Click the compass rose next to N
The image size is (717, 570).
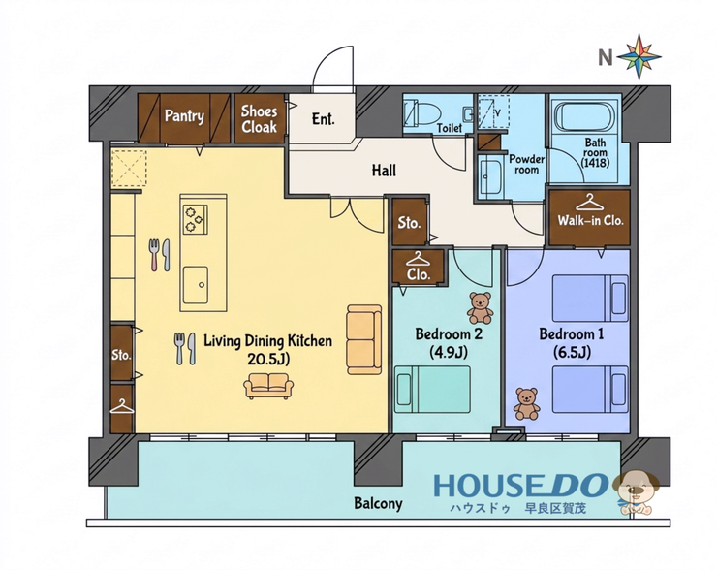[x=639, y=57]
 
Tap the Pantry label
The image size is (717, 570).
[x=184, y=115]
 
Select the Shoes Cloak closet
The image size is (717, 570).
[x=260, y=118]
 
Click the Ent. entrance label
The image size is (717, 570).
[x=323, y=119]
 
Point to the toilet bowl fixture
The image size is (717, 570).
[x=422, y=114]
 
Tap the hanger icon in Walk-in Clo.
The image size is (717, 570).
[x=590, y=203]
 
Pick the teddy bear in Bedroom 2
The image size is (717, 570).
[x=480, y=308]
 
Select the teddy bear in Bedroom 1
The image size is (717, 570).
[x=526, y=404]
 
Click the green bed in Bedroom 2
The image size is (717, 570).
[x=432, y=390]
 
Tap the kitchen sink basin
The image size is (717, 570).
[x=196, y=285]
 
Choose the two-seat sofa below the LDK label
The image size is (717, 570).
[x=268, y=386]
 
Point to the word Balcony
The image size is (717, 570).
[x=378, y=504]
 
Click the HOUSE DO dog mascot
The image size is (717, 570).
[x=637, y=491]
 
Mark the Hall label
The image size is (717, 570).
[x=384, y=171]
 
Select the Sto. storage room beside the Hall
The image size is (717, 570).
[x=410, y=222]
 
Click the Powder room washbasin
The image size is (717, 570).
[x=489, y=176]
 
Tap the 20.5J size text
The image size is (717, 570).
[x=268, y=360]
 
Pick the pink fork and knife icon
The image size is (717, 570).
[x=159, y=254]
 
